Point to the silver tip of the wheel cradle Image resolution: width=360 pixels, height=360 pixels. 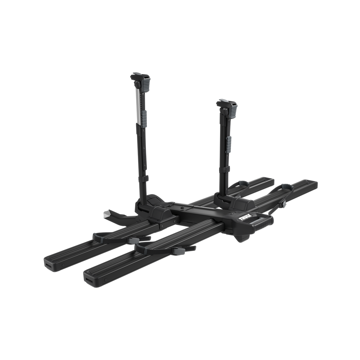[106, 214]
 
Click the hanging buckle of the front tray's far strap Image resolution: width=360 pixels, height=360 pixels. [284, 205]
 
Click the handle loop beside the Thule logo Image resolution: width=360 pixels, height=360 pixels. [261, 221]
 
